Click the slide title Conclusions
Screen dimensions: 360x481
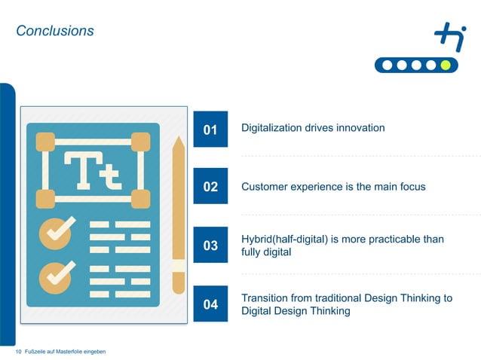click(55, 31)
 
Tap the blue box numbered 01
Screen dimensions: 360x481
click(210, 130)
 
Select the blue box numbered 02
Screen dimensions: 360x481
click(210, 187)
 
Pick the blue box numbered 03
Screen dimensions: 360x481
click(210, 246)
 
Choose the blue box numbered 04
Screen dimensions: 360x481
click(210, 304)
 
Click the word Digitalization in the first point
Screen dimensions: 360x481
click(271, 128)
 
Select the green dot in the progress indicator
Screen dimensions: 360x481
click(446, 65)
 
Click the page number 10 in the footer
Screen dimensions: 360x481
click(19, 352)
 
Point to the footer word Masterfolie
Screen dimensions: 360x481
click(71, 352)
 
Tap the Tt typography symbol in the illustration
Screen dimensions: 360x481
click(92, 170)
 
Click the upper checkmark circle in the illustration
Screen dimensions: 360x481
click(56, 231)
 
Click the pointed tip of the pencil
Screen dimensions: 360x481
click(178, 141)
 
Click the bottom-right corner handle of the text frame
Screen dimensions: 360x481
click(140, 199)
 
